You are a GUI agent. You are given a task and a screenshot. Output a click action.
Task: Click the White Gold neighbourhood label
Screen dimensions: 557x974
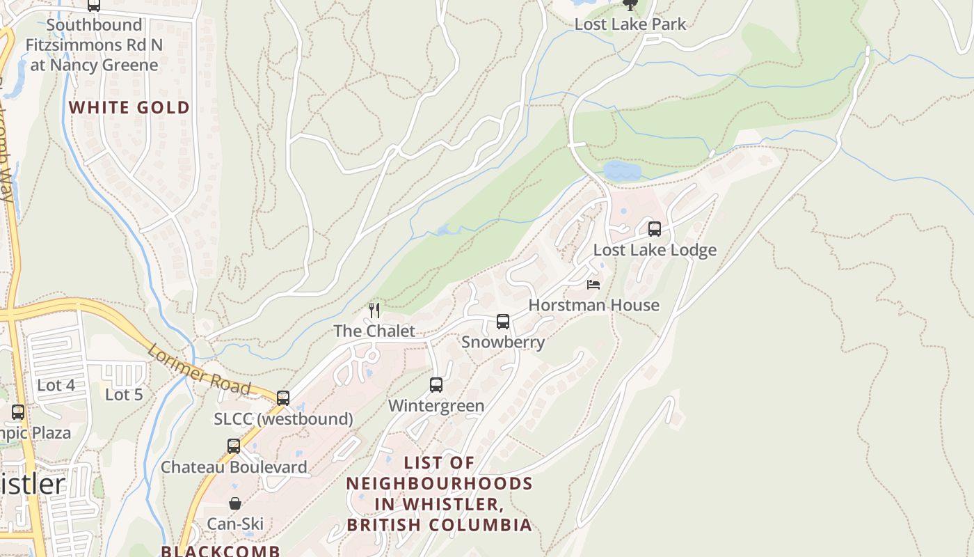coord(129,107)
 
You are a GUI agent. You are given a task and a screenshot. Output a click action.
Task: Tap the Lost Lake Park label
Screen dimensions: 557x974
coord(630,24)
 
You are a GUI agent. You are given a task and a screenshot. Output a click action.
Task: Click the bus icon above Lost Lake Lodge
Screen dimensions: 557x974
coord(654,228)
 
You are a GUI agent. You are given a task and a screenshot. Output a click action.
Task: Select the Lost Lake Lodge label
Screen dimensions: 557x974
coord(654,250)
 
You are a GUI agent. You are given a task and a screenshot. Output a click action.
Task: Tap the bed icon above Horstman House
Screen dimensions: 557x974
coord(593,284)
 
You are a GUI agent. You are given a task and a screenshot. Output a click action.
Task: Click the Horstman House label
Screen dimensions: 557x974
coord(593,305)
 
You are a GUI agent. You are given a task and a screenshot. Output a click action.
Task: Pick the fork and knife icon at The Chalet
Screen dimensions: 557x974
coord(374,310)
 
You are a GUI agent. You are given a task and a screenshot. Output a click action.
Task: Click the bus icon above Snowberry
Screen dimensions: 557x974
coord(502,321)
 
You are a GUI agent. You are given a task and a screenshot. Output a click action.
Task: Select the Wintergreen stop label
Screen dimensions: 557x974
coord(436,405)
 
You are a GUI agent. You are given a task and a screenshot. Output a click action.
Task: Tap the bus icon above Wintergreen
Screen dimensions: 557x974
coord(436,384)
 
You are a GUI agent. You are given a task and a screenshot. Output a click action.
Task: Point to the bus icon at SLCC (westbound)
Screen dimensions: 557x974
coord(282,398)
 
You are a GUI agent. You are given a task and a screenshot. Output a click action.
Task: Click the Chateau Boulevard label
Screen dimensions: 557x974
coord(234,466)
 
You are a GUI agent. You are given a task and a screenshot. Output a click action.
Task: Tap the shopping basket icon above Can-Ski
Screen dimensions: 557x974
coord(235,503)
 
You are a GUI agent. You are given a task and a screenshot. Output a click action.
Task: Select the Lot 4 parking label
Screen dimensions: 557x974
coord(56,385)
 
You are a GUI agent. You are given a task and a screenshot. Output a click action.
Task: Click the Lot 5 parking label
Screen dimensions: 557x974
coord(124,395)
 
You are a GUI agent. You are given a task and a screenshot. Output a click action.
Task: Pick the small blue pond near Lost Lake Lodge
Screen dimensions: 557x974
coord(623,171)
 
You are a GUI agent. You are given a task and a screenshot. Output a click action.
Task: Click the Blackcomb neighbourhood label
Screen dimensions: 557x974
coord(221,551)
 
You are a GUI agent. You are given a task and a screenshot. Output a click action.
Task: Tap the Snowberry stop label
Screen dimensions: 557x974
coord(502,342)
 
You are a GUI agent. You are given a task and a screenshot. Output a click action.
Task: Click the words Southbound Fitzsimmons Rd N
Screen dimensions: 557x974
coord(93,35)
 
